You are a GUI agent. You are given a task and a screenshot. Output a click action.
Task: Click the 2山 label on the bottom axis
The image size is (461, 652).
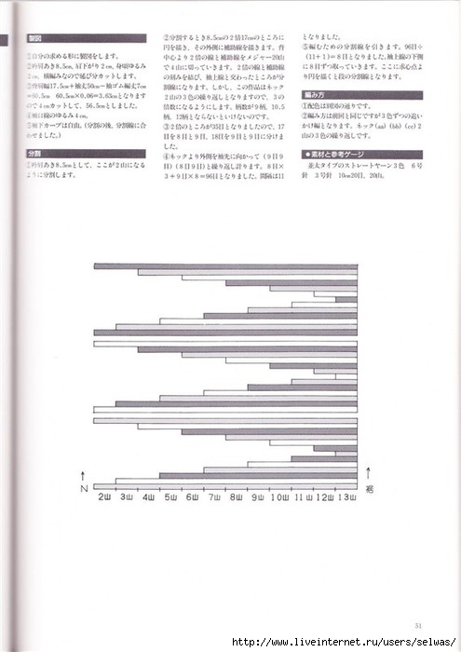[104, 498]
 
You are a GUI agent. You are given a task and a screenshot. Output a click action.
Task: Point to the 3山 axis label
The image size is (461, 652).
[126, 498]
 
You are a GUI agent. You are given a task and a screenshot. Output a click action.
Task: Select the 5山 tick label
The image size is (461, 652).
[170, 498]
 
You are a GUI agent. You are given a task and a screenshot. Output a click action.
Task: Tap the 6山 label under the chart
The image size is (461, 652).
[193, 498]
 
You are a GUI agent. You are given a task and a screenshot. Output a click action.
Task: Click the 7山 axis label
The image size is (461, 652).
[214, 498]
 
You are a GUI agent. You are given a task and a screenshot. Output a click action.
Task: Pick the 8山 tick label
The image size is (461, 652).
[237, 498]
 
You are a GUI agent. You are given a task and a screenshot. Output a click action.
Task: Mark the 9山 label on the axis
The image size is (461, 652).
[258, 498]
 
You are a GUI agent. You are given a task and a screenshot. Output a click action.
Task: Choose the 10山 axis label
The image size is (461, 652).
[280, 498]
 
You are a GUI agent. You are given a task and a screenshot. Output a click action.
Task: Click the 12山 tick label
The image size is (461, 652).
[325, 498]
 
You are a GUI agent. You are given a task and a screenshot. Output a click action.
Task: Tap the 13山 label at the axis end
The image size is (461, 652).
[346, 498]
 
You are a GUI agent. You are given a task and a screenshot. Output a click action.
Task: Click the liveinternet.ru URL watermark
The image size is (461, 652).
[345, 643]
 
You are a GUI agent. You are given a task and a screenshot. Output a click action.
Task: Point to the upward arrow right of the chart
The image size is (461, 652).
[370, 472]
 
